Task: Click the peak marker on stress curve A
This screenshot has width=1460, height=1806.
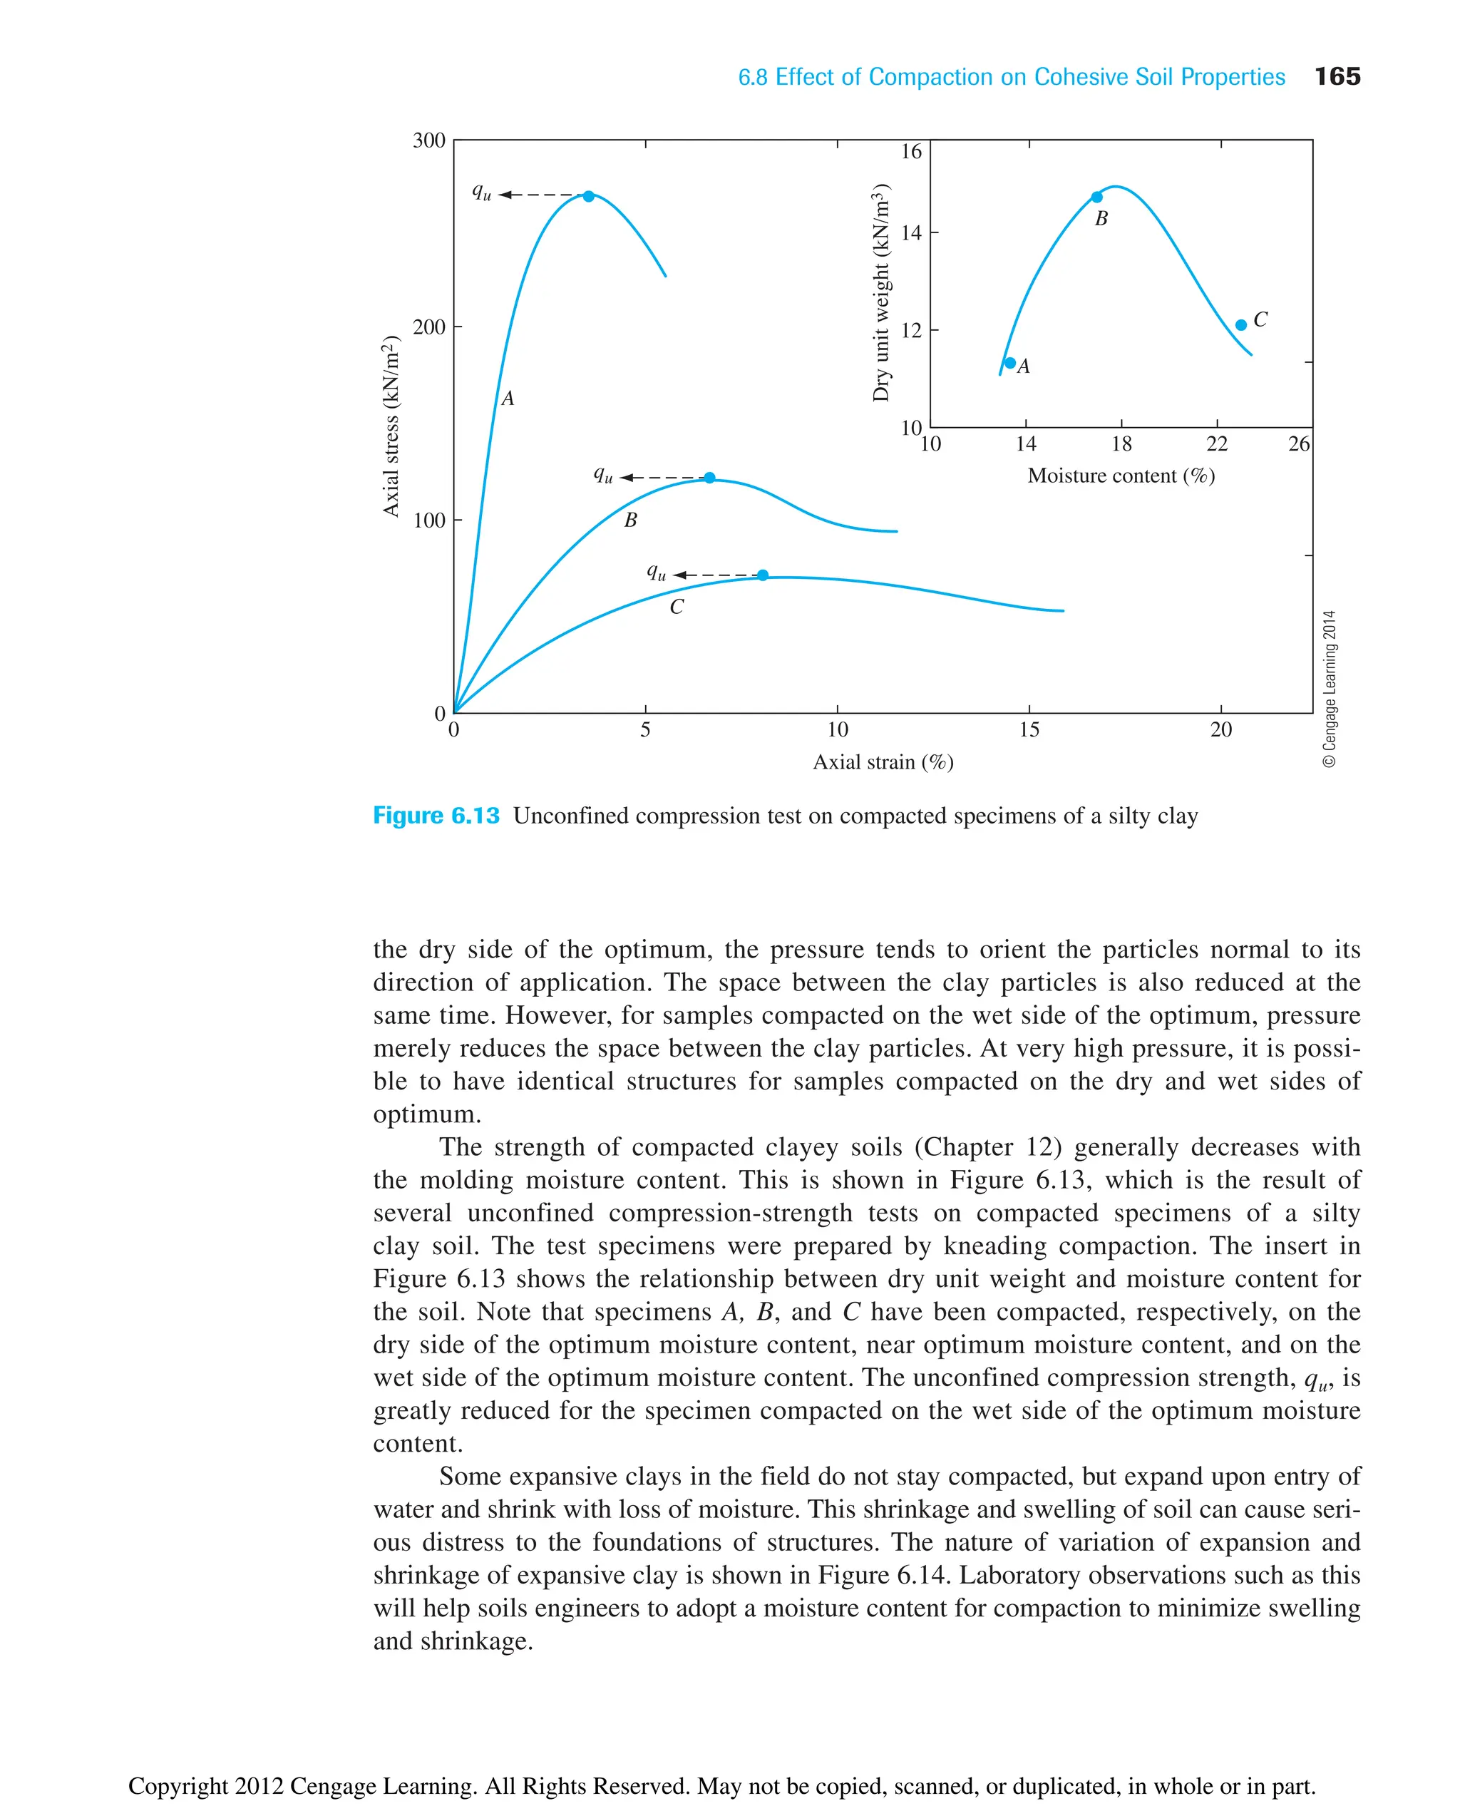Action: coord(589,196)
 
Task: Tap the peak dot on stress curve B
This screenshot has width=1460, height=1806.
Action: coord(710,478)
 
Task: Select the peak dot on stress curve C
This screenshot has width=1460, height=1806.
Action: coord(763,575)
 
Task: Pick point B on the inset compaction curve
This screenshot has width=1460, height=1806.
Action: coord(1096,197)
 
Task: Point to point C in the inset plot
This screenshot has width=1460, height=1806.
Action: coord(1241,324)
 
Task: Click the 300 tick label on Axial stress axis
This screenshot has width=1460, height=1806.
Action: coord(429,140)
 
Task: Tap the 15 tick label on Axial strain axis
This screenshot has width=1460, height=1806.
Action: coord(1029,730)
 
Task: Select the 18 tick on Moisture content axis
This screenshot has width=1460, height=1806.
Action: coord(1121,444)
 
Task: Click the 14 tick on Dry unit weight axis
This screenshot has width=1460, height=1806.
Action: coord(912,233)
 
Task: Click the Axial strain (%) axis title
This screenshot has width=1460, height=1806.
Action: coord(883,762)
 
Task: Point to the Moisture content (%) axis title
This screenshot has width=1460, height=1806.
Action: coord(1121,476)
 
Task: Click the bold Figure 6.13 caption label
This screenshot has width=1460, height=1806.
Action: coord(436,816)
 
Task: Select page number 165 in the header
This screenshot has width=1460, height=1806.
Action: coord(1337,76)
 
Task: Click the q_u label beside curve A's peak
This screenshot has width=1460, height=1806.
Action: coord(482,193)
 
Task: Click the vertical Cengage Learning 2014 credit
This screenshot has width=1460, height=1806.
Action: coord(1329,688)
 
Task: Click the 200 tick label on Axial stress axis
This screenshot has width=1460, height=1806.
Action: coord(429,327)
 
